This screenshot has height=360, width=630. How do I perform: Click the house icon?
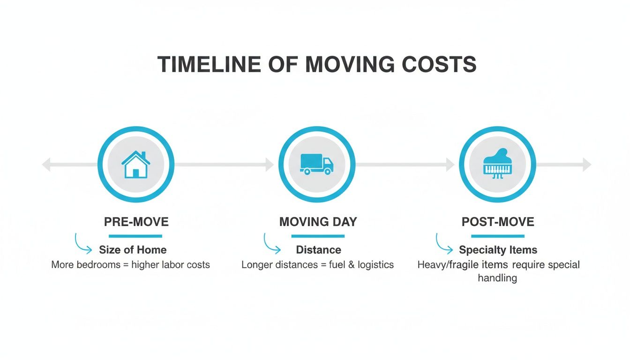[x=136, y=164]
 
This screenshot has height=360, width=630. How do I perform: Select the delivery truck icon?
[x=317, y=164]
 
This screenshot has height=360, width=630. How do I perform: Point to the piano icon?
[x=497, y=164]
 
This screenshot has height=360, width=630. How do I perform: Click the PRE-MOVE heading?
[x=136, y=222]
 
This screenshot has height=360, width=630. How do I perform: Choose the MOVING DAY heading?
[x=318, y=222]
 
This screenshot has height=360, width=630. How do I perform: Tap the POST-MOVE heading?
[x=498, y=222]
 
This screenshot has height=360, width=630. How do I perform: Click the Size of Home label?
[x=133, y=250]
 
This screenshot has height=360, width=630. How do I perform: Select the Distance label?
[x=319, y=250]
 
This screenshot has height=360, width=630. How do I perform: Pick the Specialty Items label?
[x=498, y=250]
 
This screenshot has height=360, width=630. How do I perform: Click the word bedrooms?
[x=99, y=265]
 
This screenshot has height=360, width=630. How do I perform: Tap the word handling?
[x=497, y=278]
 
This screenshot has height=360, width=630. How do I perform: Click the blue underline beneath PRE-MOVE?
[x=135, y=236]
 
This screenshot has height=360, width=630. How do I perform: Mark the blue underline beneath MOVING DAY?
[x=318, y=236]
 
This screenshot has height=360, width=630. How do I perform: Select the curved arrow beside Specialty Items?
[x=444, y=244]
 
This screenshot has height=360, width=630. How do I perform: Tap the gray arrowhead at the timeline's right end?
[x=587, y=165]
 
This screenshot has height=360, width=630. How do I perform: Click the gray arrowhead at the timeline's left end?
[x=46, y=165]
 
